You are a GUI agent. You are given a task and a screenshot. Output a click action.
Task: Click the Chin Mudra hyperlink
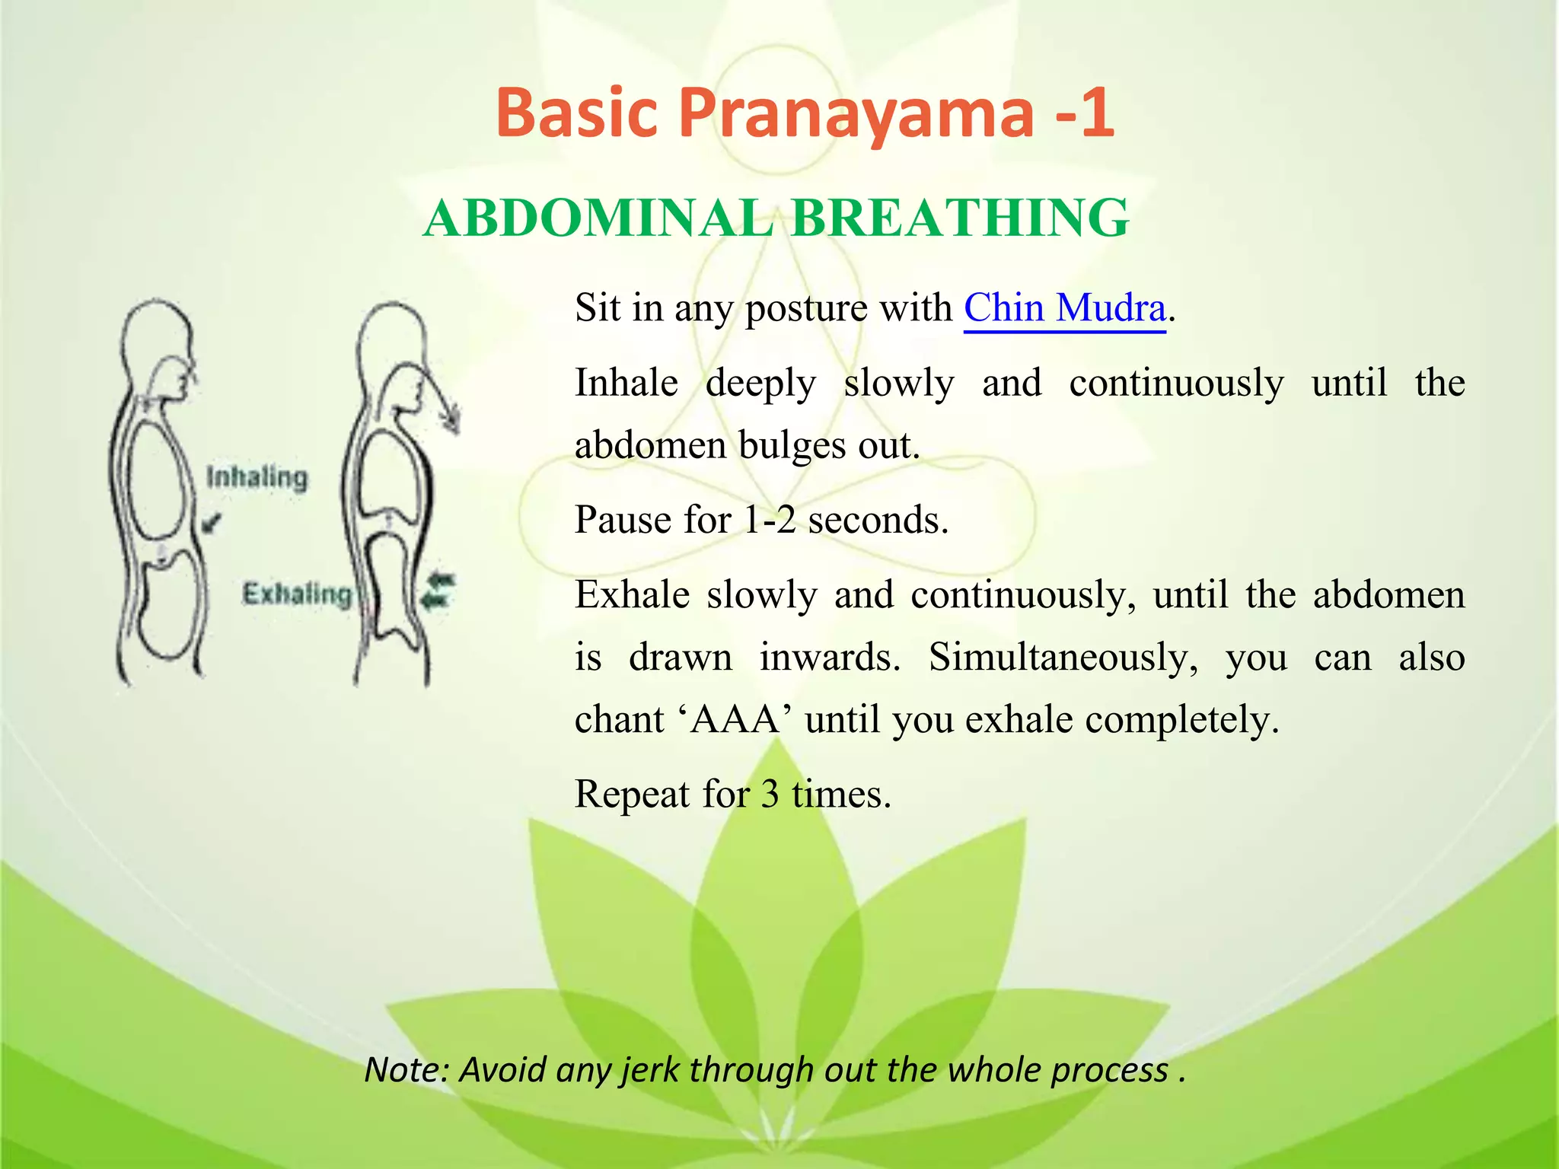(x=1064, y=308)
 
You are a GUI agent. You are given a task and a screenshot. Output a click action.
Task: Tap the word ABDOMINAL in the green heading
(x=598, y=218)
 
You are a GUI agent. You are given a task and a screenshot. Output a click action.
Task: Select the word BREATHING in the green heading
(x=960, y=218)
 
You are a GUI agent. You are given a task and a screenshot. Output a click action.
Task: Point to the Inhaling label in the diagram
(x=257, y=477)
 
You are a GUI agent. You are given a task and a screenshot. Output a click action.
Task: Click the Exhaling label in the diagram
(x=297, y=594)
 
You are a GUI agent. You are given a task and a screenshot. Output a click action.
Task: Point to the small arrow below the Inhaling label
(x=213, y=523)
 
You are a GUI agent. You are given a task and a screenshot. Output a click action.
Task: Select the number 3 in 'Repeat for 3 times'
(x=770, y=795)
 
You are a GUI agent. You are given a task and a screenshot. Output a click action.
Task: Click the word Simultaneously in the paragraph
(x=1063, y=658)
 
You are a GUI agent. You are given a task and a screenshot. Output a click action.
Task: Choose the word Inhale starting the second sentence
(x=626, y=383)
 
